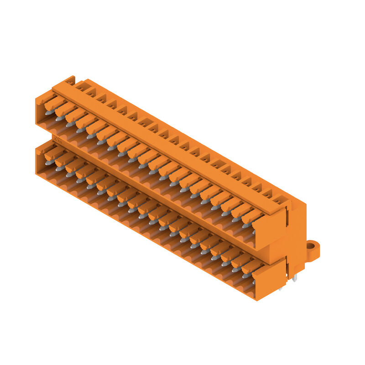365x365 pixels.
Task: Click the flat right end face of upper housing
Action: pyautogui.click(x=269, y=230)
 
